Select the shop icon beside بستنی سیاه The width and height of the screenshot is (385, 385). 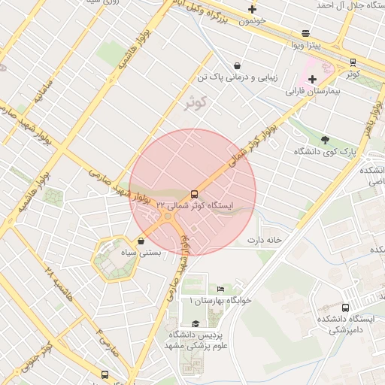(x=141, y=241)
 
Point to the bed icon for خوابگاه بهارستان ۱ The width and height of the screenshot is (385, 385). (x=220, y=289)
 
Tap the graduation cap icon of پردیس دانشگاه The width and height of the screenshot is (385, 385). (x=196, y=323)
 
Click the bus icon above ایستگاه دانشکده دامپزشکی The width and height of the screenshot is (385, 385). (x=345, y=308)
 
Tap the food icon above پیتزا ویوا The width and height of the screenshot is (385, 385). (x=305, y=34)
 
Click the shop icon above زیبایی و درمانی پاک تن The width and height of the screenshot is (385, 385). (x=238, y=65)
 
